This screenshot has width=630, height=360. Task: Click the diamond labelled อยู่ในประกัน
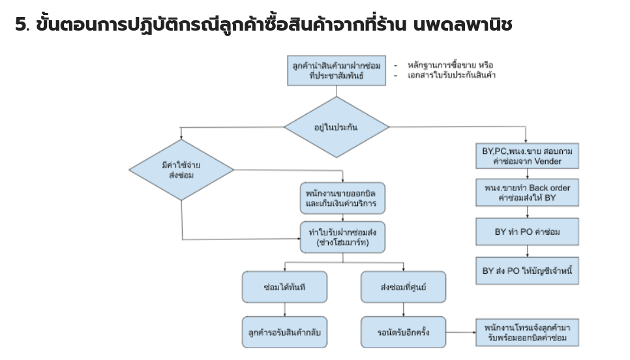[336, 127]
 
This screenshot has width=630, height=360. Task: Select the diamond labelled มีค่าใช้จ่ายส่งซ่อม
[181, 171]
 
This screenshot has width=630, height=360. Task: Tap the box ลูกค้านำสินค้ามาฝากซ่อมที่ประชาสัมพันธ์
[337, 70]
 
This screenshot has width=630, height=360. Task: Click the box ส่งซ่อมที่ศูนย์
[403, 286]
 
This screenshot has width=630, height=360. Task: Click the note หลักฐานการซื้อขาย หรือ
[450, 65]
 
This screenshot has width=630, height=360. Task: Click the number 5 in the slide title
[20, 25]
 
